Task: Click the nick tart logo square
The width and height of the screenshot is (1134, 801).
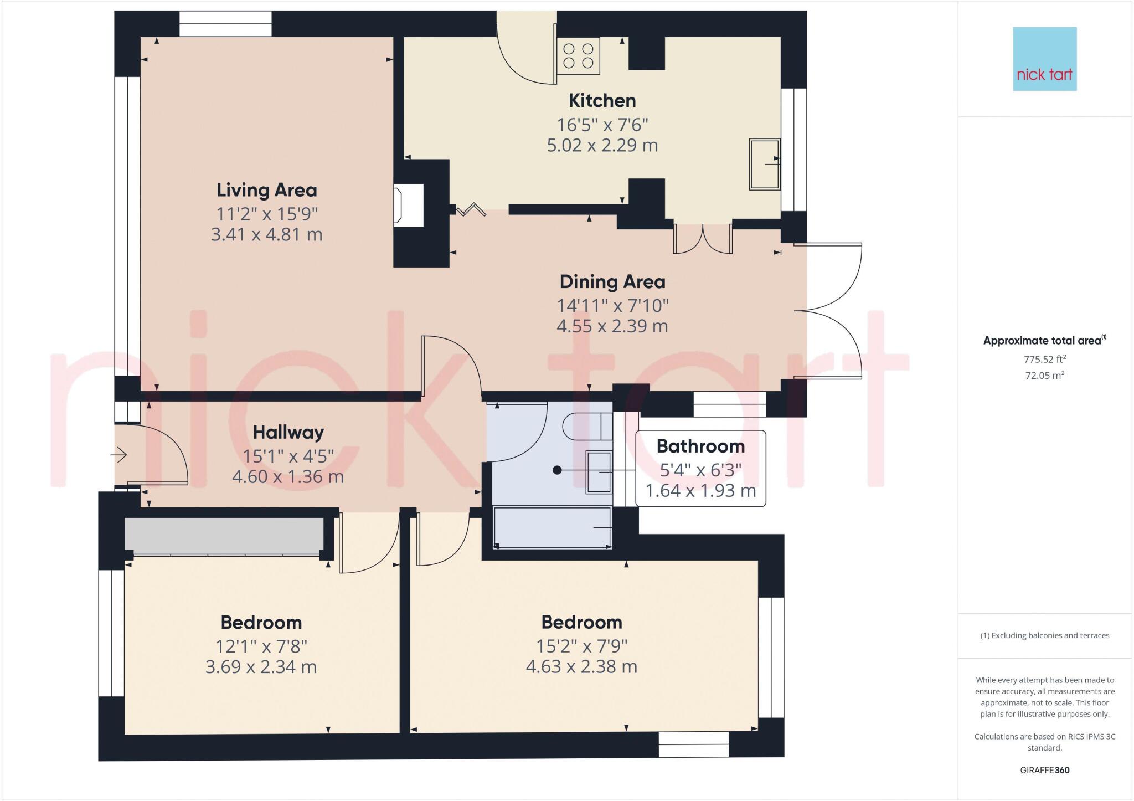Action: tap(1044, 59)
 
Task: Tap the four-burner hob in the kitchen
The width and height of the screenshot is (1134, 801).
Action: tap(578, 56)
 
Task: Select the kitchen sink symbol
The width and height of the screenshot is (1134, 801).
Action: tap(765, 164)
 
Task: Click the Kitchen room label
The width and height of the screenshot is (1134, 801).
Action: tap(602, 101)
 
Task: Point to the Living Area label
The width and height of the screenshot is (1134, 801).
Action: tap(266, 190)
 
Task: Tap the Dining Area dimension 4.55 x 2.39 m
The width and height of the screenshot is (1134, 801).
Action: tap(612, 326)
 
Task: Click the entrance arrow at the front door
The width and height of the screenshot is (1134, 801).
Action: tap(119, 455)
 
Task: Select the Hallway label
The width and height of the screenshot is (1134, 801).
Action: tap(288, 432)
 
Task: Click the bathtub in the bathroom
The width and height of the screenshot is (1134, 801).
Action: tap(552, 527)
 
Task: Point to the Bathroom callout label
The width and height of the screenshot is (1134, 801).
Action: tap(700, 446)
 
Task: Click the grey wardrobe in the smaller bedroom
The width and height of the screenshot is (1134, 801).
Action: tap(224, 535)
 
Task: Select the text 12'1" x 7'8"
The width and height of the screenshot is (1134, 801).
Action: tap(261, 646)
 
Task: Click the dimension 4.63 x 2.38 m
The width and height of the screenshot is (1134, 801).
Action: tap(581, 666)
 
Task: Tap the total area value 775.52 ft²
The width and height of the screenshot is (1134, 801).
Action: tap(1044, 359)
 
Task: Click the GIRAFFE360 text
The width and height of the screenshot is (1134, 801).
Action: tap(1044, 770)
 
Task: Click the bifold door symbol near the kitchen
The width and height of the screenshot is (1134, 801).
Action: tap(471, 210)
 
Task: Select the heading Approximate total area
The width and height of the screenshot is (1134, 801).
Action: tap(1044, 341)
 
